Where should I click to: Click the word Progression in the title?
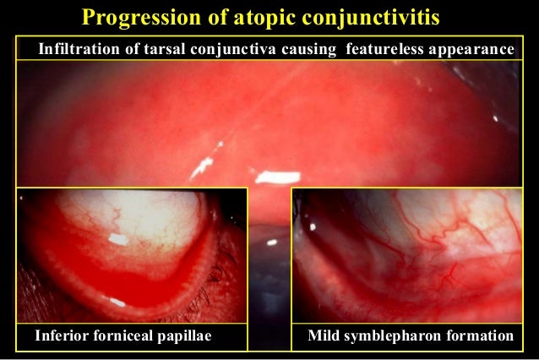[x=137, y=16]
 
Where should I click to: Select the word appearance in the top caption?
[x=471, y=50]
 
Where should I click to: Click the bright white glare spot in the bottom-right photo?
[x=313, y=226]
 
